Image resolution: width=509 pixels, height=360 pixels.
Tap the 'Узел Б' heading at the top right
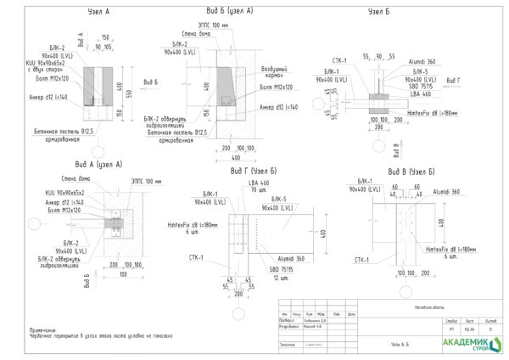coord(378,14)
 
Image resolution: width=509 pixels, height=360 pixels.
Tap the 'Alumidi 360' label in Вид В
coord(445,193)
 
